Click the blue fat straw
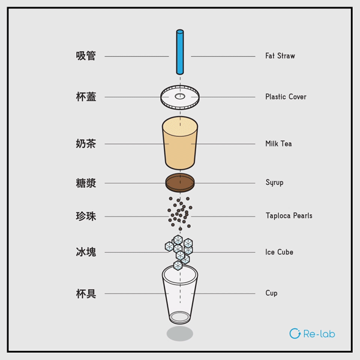[x=179, y=51]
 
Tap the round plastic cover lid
[x=179, y=97]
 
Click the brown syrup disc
[x=179, y=182]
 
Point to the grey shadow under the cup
[x=179, y=334]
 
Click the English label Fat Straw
[x=280, y=56]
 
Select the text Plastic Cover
[x=286, y=97]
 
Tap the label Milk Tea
[x=278, y=144]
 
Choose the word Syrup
[x=274, y=182]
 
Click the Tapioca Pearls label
[x=289, y=216]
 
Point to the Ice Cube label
[x=279, y=253]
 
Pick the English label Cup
[x=271, y=293]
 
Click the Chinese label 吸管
[x=86, y=56]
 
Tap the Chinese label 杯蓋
[x=86, y=97]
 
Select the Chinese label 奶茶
[x=86, y=144]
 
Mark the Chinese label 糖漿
[x=86, y=183]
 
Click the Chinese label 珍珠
[x=86, y=216]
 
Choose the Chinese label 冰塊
[x=86, y=253]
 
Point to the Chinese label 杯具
[x=86, y=293]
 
